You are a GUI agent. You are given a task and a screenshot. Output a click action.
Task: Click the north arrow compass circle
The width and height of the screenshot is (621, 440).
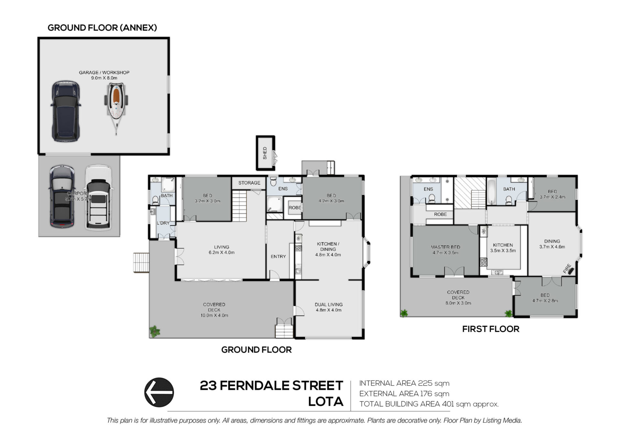click(x=159, y=392)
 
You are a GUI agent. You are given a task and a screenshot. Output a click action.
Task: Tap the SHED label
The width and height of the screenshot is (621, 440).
click(x=265, y=153)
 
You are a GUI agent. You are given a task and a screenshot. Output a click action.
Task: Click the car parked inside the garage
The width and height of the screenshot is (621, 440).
click(x=66, y=111)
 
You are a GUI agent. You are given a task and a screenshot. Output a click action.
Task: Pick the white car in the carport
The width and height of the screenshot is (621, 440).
click(x=98, y=198)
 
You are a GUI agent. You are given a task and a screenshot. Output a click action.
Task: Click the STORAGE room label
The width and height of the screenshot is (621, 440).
click(x=249, y=183)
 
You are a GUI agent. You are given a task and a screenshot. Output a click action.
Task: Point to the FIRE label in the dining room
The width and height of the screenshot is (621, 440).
click(x=567, y=269)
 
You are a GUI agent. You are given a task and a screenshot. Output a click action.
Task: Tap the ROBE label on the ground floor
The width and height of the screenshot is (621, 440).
click(x=295, y=208)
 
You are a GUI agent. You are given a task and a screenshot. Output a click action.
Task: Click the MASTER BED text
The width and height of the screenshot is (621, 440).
click(x=445, y=247)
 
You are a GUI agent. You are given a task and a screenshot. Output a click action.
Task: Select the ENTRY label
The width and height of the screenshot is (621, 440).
click(x=278, y=256)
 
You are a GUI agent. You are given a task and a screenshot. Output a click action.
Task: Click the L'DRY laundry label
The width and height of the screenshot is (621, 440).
click(x=163, y=223)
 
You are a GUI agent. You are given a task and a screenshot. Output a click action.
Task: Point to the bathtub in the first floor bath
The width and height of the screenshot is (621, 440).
click(x=492, y=191)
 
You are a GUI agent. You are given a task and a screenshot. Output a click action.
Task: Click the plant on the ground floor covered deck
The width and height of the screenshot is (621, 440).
click(x=155, y=331)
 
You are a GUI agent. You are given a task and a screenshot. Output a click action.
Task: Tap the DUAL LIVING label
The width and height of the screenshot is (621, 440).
click(x=329, y=305)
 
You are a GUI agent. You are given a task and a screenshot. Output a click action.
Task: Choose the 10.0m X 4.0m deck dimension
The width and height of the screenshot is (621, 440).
click(x=214, y=315)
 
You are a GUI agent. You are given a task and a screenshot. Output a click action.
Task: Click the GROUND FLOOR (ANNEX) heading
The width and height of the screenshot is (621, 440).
click(x=102, y=28)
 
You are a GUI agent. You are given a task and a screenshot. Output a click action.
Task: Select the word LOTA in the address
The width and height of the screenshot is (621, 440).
click(x=325, y=401)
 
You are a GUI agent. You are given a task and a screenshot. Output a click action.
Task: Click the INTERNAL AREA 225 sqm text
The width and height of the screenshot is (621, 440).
click(x=404, y=383)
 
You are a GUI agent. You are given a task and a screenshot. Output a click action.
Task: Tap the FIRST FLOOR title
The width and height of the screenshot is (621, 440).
click(x=491, y=329)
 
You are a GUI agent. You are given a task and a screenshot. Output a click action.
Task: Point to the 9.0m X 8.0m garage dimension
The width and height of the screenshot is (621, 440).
click(x=104, y=78)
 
